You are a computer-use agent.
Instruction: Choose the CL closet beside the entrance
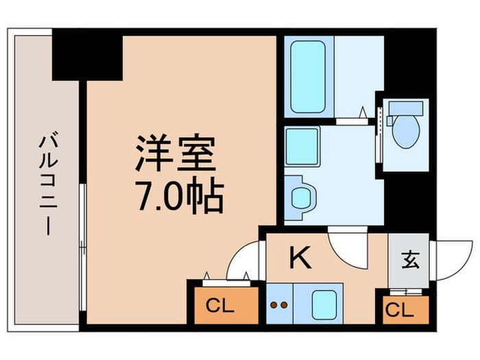399,310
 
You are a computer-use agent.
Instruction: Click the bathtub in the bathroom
307,77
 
